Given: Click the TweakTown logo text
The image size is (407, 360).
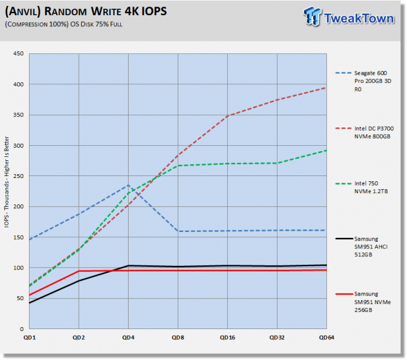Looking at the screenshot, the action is (359, 18).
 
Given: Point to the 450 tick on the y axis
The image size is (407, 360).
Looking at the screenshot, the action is (18, 53).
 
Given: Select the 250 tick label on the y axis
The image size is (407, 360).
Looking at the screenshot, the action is (18, 176).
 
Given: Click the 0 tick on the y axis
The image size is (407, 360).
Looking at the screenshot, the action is (22, 329).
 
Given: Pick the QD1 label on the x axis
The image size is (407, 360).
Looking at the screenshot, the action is (30, 338).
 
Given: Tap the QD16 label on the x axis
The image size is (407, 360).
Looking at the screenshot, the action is (227, 338).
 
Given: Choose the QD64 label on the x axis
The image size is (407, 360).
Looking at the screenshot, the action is (326, 338).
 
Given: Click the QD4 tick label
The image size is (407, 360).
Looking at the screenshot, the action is (128, 338).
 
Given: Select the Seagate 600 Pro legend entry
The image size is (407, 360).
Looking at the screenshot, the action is (364, 81).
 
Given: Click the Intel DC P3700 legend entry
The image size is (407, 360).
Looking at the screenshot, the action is (364, 133).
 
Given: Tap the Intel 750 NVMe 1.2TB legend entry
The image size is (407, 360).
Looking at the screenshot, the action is (362, 187).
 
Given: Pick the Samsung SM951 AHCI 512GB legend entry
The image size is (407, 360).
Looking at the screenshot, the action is (362, 246).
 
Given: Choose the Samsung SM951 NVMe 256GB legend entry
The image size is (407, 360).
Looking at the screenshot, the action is (363, 302).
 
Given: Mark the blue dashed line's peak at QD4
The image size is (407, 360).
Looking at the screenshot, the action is (128, 185).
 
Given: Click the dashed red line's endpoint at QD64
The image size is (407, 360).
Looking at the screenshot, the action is (326, 88).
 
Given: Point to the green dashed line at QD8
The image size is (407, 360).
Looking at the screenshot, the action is (178, 166).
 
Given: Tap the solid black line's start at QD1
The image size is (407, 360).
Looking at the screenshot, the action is (30, 303).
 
